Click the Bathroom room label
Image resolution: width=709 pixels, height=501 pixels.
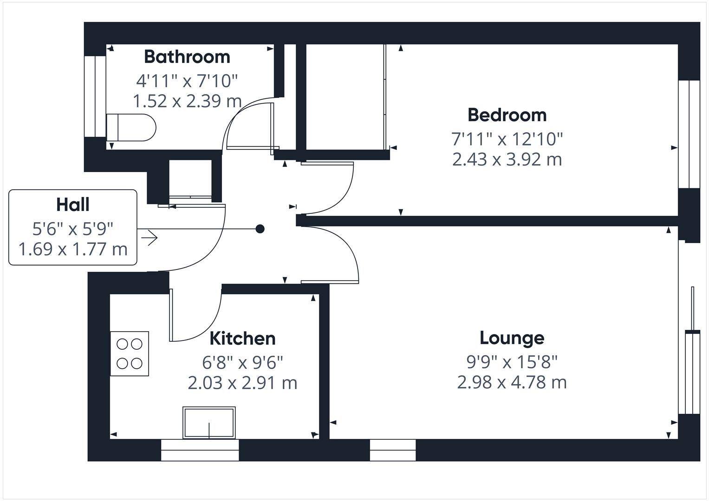pyautogui.click(x=187, y=57)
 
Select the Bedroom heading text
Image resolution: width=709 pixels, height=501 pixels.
pyautogui.click(x=507, y=115)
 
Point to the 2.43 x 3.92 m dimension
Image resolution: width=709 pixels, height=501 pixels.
pyautogui.click(x=507, y=159)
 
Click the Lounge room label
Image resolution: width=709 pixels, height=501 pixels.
pyautogui.click(x=512, y=338)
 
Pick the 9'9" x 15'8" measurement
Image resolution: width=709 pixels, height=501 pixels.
pyautogui.click(x=512, y=361)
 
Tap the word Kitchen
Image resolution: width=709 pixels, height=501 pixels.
pyautogui.click(x=242, y=339)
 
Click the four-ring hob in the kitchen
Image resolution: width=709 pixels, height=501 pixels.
pyautogui.click(x=130, y=353)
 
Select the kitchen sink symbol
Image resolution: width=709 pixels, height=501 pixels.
pyautogui.click(x=209, y=423)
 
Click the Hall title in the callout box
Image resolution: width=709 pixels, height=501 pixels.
pyautogui.click(x=73, y=205)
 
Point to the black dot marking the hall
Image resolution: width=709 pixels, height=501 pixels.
pyautogui.click(x=260, y=229)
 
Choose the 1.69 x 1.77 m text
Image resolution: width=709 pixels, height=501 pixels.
pyautogui.click(x=73, y=249)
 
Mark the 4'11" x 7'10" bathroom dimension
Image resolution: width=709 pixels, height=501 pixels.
pyautogui.click(x=187, y=81)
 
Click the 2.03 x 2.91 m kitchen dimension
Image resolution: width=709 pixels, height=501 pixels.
pyautogui.click(x=242, y=383)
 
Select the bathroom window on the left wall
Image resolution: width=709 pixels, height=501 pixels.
pyautogui.click(x=95, y=96)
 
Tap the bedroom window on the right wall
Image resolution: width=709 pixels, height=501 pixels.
pyautogui.click(x=689, y=134)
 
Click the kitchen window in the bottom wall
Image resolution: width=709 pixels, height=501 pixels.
pyautogui.click(x=200, y=450)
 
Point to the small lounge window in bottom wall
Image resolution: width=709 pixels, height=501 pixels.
pyautogui.click(x=393, y=450)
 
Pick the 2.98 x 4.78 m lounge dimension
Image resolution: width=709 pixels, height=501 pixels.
pyautogui.click(x=512, y=383)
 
